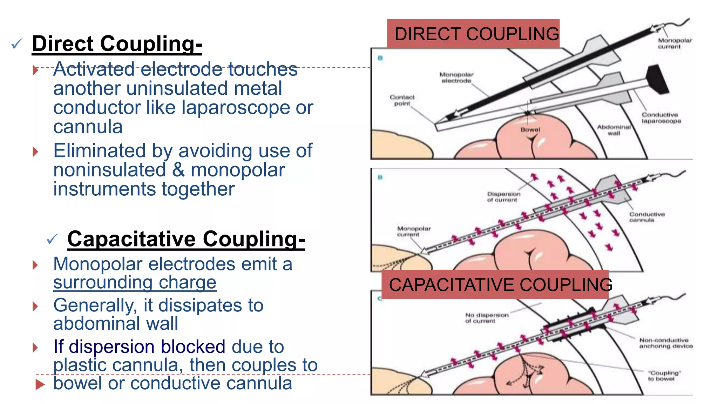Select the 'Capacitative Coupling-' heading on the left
pyautogui.click(x=186, y=239)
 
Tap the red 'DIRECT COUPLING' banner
pyautogui.click(x=473, y=34)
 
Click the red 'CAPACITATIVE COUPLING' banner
pyautogui.click(x=495, y=284)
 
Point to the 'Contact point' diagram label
pyautogui.click(x=402, y=100)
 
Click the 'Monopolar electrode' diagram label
pyautogui.click(x=456, y=78)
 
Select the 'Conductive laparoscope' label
pyautogui.click(x=661, y=118)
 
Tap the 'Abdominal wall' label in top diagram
pyautogui.click(x=614, y=130)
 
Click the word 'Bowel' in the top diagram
pyautogui.click(x=530, y=130)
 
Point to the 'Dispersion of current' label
pyautogui.click(x=503, y=197)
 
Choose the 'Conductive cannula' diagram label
pyautogui.click(x=647, y=217)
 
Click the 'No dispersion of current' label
pyautogui.click(x=487, y=318)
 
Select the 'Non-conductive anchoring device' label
pyautogui.click(x=666, y=343)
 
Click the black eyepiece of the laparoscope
pyautogui.click(x=658, y=79)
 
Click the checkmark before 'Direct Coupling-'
pyautogui.click(x=17, y=44)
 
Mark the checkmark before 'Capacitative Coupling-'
pyautogui.click(x=52, y=239)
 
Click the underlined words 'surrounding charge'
pyautogui.click(x=135, y=283)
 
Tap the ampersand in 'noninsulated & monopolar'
pyautogui.click(x=178, y=170)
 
